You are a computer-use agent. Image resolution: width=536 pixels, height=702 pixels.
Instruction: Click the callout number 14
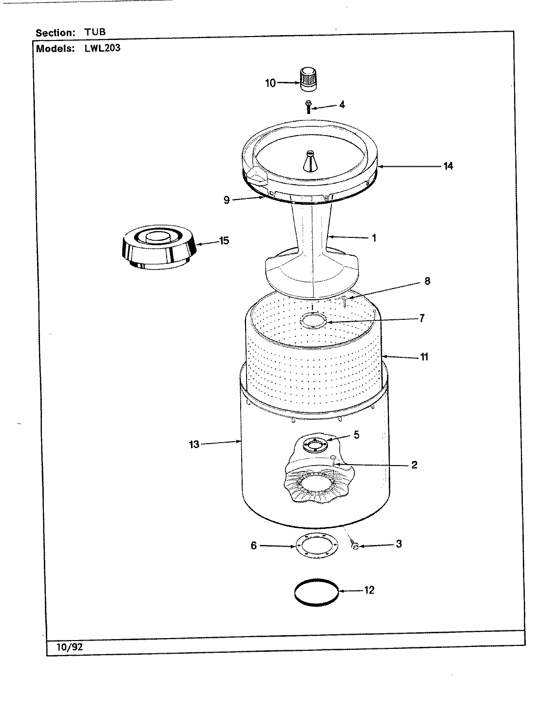pos(448,166)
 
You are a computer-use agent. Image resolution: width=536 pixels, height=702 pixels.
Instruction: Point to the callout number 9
pos(227,199)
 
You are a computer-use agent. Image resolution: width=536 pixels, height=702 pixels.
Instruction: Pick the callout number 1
pos(374,238)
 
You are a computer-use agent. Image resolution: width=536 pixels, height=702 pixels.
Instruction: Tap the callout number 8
pos(427,281)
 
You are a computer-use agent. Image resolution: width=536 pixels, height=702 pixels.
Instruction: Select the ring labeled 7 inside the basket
pos(313,321)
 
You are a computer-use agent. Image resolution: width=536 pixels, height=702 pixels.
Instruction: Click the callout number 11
pos(424,356)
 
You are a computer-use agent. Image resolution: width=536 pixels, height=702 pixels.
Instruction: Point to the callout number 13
pos(194,444)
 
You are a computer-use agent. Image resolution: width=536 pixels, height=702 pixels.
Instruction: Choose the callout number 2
pos(414,465)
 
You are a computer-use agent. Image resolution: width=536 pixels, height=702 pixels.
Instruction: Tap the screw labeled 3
pos(355,547)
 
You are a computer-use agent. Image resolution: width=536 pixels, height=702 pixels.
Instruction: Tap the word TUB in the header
pos(96,32)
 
